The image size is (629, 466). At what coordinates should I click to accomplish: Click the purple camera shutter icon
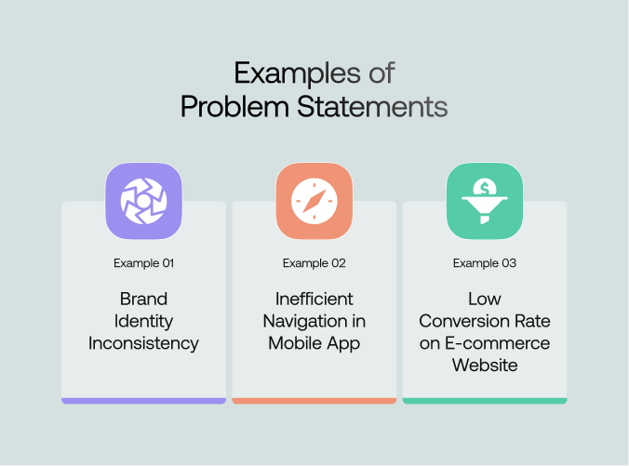click(x=143, y=201)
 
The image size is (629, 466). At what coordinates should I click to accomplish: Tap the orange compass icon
click(x=314, y=201)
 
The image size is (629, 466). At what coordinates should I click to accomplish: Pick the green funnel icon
click(x=484, y=201)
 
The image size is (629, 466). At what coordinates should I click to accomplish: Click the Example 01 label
click(x=143, y=263)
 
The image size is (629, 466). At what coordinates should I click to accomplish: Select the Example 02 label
click(x=314, y=263)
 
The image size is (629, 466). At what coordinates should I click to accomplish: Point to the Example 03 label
click(x=484, y=263)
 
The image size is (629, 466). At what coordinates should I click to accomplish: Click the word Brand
click(x=143, y=299)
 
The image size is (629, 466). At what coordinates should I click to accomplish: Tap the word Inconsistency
click(x=143, y=343)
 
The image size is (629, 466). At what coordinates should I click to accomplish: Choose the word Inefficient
click(x=314, y=299)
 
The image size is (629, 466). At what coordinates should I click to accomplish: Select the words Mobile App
click(x=314, y=343)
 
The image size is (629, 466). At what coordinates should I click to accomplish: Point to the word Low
click(x=484, y=299)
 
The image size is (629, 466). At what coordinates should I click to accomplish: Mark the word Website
click(x=484, y=366)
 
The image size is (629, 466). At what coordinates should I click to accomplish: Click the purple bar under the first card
click(x=143, y=401)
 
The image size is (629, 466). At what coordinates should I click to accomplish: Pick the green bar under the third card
click(x=484, y=401)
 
